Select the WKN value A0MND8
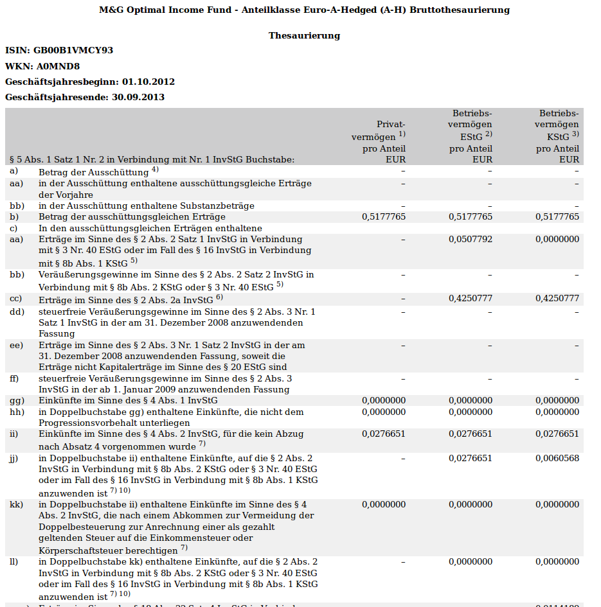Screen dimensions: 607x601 (x=58, y=66)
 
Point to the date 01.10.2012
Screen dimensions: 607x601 (x=148, y=82)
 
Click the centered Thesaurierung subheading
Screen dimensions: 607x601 (x=304, y=35)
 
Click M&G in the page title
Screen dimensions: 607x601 (x=112, y=10)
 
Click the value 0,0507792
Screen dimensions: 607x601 (x=471, y=239)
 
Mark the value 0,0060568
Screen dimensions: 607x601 (x=557, y=458)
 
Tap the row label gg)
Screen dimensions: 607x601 (x=17, y=400)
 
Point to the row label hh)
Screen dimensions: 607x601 (x=17, y=412)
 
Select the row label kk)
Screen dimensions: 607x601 (x=17, y=504)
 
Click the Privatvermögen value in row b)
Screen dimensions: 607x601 (x=384, y=216)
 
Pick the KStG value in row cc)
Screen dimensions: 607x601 (x=557, y=298)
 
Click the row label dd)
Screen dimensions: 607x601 (x=17, y=312)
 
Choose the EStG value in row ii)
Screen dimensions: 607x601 (x=471, y=434)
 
